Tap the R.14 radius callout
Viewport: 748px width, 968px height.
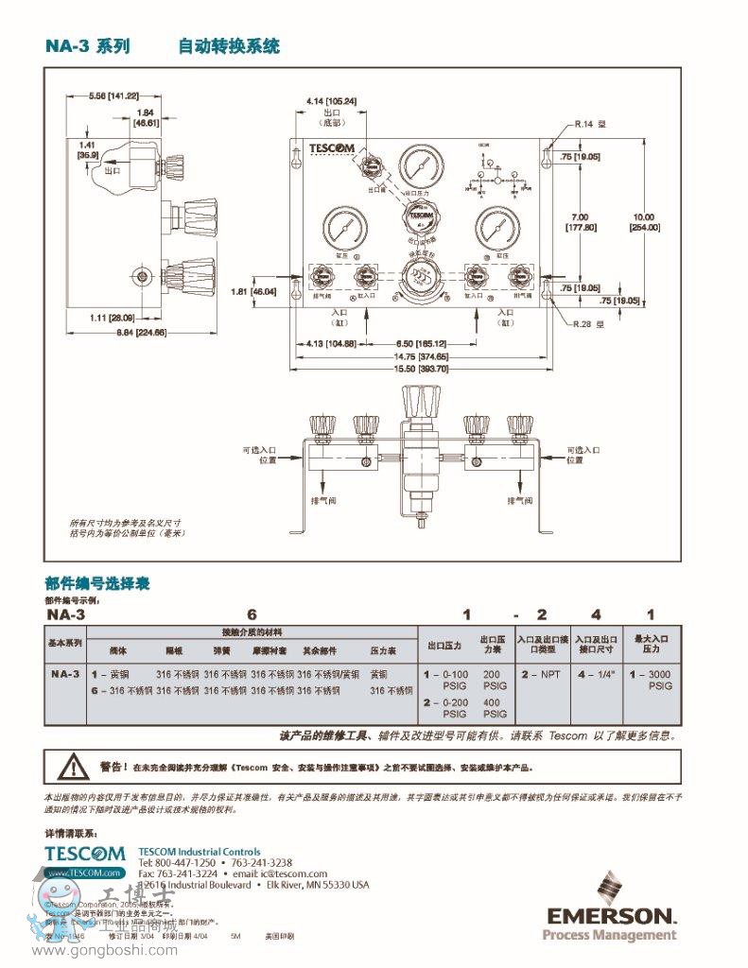click(x=589, y=123)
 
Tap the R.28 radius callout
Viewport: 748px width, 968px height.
click(x=589, y=323)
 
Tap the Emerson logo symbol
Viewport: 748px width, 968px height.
click(x=609, y=888)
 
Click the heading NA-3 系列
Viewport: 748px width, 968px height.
click(x=87, y=46)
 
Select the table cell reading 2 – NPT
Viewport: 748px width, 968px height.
click(x=541, y=675)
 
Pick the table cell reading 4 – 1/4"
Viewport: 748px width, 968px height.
click(x=596, y=675)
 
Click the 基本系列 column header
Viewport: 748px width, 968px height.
click(x=65, y=643)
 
